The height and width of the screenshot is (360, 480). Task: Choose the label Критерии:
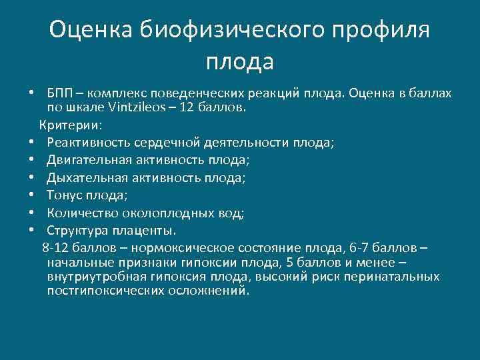[70, 125]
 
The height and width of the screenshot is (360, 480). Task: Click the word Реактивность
[88, 142]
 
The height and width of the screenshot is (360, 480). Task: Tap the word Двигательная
[89, 160]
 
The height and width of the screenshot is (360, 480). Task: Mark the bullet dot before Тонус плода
[31, 195]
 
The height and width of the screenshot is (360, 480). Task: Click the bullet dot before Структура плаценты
[31, 231]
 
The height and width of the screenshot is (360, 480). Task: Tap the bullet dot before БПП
[31, 93]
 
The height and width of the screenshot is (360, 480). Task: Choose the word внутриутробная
[91, 277]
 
